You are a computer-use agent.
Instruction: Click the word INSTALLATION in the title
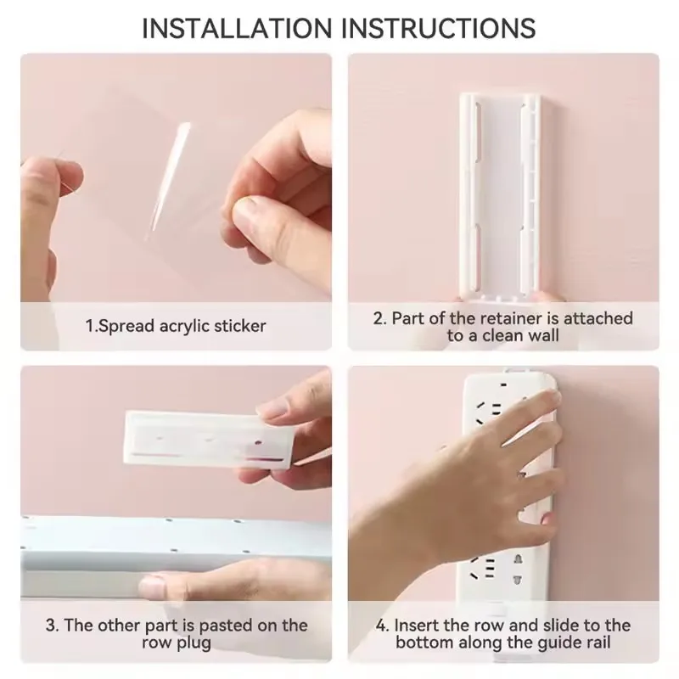237,29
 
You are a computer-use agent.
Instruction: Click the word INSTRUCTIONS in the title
439,29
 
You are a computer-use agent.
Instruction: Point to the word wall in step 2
545,335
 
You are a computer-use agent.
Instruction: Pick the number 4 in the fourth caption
381,626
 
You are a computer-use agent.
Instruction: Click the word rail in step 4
598,642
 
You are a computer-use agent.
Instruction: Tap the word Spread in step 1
126,327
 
